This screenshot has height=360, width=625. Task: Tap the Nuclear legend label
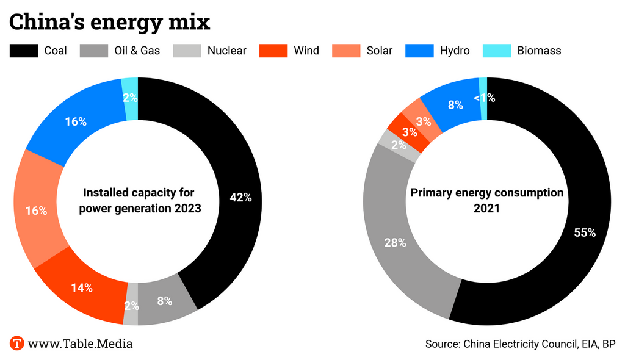coord(226,51)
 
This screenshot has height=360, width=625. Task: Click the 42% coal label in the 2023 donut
coord(240,198)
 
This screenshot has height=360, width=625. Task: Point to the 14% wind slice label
coord(81,288)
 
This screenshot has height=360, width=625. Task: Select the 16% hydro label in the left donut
coord(76,121)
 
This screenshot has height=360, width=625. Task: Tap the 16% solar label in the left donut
coord(36,211)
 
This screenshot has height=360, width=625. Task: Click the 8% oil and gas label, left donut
coord(164,301)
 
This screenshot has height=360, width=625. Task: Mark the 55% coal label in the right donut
coord(584,232)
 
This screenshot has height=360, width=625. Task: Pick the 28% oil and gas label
coord(395,242)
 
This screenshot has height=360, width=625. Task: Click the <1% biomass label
coord(485,97)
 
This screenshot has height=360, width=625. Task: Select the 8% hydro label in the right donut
coord(455,104)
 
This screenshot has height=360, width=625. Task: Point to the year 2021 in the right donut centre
coord(486,209)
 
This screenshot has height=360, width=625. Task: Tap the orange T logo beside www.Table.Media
coord(16,343)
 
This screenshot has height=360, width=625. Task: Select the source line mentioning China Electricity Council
coord(520,344)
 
